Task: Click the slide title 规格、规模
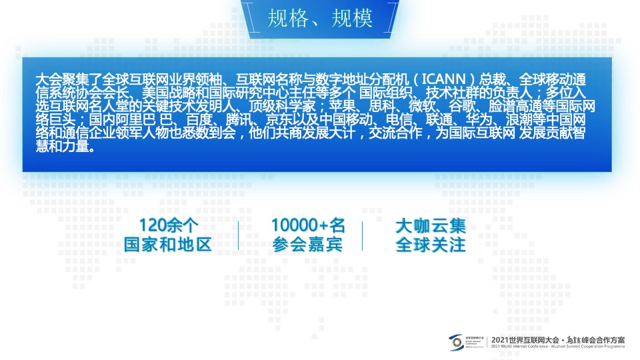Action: [319, 18]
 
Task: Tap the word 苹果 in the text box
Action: [343, 107]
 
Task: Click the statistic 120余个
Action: [169, 225]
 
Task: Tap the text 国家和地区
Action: [168, 245]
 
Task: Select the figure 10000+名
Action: [308, 225]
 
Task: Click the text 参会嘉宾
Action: [307, 245]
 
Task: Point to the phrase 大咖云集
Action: [431, 225]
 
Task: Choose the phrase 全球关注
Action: [431, 245]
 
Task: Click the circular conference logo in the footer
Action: [456, 342]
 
